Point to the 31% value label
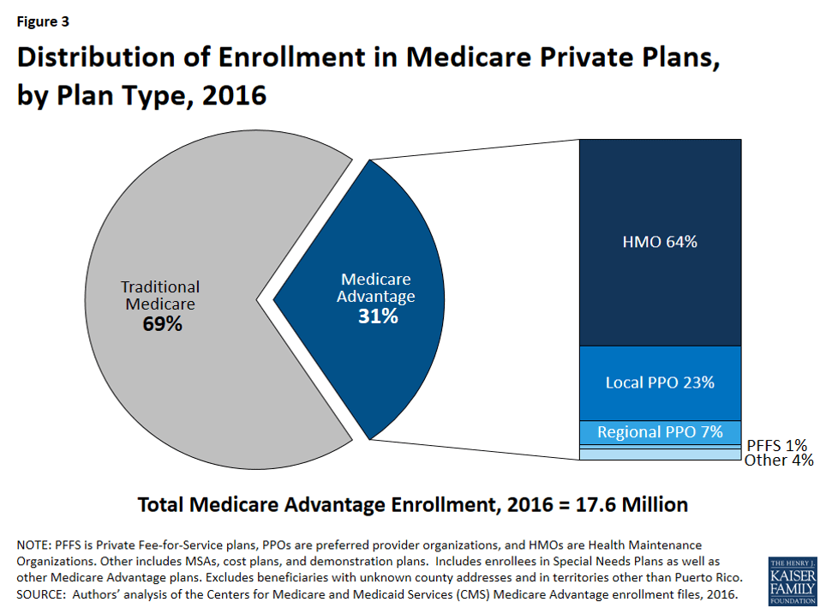pyautogui.click(x=378, y=316)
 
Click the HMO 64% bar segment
pyautogui.click(x=659, y=242)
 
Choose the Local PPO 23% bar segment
pyautogui.click(x=659, y=382)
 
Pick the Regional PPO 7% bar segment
pyautogui.click(x=659, y=432)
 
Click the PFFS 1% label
pyautogui.click(x=776, y=444)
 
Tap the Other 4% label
pyautogui.click(x=778, y=460)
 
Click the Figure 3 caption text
pyautogui.click(x=43, y=21)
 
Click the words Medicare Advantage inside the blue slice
pyautogui.click(x=377, y=288)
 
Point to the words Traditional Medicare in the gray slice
pyautogui.click(x=160, y=296)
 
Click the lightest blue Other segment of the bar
pyautogui.click(x=659, y=455)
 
